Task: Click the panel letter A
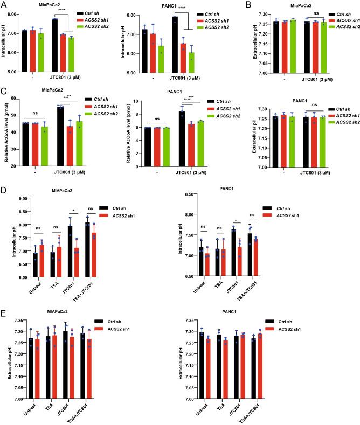[x=4, y=5]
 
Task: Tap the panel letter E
[x=4, y=312]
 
